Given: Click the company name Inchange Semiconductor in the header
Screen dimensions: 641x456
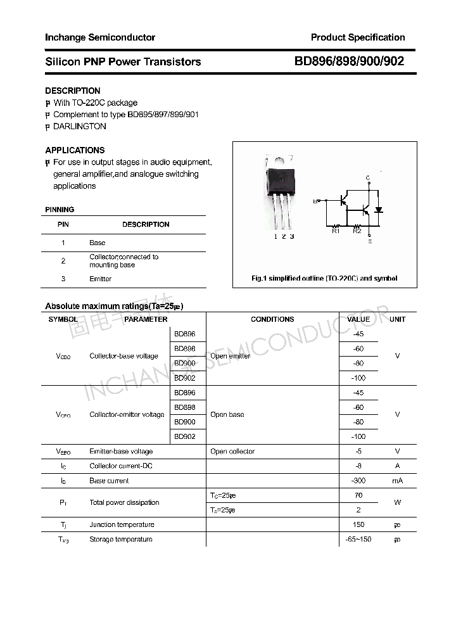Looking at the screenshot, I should [100, 37].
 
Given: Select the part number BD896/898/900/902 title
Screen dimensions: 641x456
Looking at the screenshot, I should [349, 61].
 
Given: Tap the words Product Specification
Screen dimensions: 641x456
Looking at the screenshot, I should [358, 37].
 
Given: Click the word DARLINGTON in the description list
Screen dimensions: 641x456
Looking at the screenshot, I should [80, 126].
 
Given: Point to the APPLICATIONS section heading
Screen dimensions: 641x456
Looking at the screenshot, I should [75, 150].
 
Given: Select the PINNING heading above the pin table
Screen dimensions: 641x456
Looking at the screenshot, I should [60, 210].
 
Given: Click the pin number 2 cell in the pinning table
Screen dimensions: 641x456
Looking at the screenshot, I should [63, 260].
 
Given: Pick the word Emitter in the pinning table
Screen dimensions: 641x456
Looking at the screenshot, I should [100, 279].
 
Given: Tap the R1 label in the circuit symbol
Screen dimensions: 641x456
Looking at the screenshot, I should [336, 231].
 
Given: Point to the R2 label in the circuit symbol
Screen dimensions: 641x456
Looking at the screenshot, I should [357, 231].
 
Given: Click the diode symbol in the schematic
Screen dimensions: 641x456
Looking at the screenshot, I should [379, 209].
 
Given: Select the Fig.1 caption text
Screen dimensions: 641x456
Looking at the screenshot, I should [324, 279].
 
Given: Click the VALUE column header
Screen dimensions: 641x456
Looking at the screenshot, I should [359, 319].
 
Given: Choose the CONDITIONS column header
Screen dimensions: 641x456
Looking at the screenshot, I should [272, 319].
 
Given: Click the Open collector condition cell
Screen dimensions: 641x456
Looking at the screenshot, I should [232, 452].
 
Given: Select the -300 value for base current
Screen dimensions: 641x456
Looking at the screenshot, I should [359, 481].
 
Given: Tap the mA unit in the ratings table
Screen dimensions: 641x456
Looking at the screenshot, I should [397, 481].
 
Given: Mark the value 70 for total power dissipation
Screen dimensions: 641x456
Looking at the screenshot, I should [359, 495].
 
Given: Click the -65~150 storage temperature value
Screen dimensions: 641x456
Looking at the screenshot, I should [359, 539].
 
